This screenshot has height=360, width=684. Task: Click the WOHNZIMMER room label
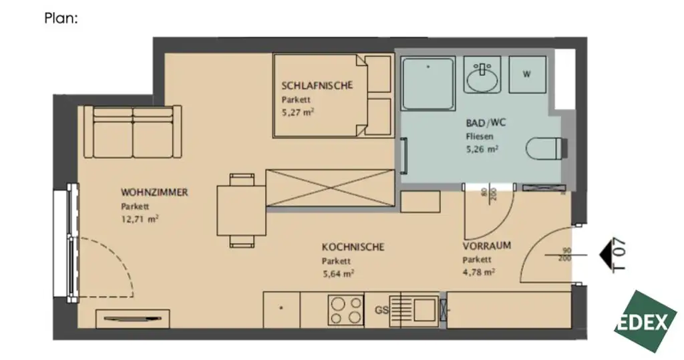154,192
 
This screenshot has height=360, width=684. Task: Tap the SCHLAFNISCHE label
316,85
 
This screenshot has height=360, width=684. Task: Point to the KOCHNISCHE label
353,247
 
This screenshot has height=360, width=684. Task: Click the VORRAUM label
486,246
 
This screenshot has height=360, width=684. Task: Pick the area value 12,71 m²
140,218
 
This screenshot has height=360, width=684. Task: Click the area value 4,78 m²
479,272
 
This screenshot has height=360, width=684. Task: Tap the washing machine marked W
527,74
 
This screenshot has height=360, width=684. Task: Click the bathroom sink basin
482,79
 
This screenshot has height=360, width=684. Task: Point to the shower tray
427,84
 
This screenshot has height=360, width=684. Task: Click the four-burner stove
345,311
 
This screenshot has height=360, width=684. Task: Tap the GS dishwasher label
381,310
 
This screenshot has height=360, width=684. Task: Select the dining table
241,210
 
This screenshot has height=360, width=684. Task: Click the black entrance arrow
604,254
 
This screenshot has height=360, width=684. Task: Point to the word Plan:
61,19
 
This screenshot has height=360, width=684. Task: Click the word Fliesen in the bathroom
480,136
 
